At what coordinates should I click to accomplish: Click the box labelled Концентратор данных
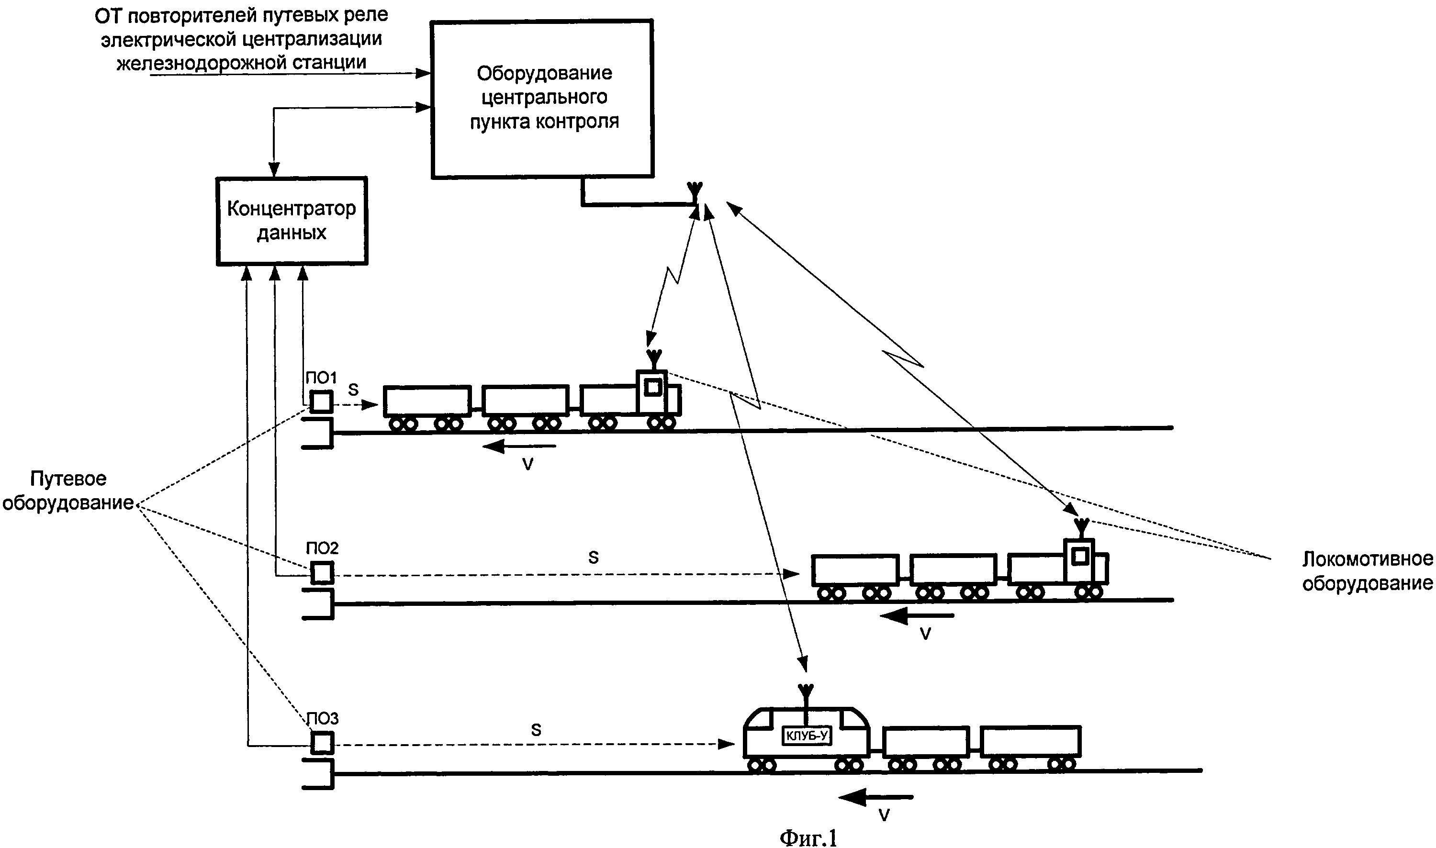coord(292,221)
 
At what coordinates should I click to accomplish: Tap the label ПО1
coord(321,378)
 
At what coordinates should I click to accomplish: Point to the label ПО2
coord(322,548)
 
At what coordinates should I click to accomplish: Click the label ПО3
coord(323,718)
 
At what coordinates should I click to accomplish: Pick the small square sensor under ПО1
coord(321,402)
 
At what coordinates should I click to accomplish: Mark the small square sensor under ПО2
coord(322,573)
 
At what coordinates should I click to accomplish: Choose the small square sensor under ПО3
coord(322,743)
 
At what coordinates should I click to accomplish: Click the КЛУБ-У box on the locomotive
coord(806,736)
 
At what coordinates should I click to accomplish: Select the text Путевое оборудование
coord(68,491)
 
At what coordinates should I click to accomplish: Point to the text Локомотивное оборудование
coord(1367,571)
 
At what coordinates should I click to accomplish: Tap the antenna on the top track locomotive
coord(654,359)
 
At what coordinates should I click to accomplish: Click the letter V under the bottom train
coord(884,815)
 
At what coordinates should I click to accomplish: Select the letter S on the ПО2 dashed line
coord(593,558)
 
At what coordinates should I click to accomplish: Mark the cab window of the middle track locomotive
coord(1080,556)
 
